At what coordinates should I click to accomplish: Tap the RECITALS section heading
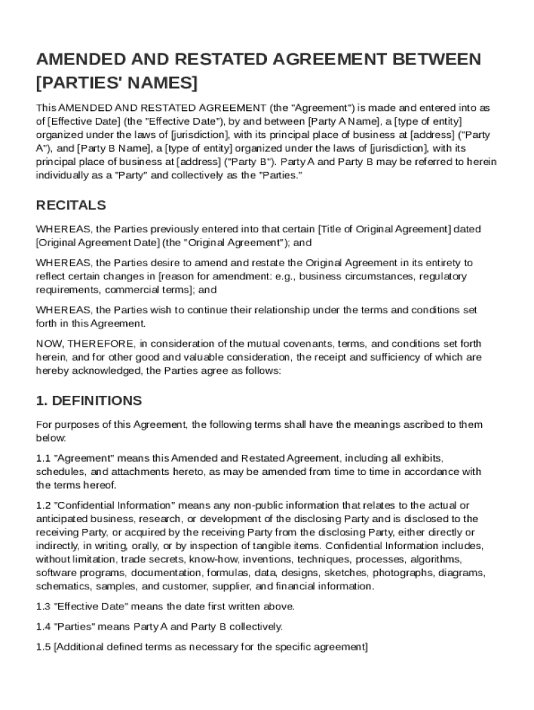71,205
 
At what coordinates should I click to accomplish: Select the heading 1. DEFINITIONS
89,401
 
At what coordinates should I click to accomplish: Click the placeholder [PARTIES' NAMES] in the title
117,83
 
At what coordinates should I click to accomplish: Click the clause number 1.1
43,458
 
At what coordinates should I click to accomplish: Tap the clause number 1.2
43,505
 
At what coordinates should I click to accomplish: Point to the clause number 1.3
43,606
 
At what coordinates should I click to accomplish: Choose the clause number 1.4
43,627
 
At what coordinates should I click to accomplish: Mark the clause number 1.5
43,647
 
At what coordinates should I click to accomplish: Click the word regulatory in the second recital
441,276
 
